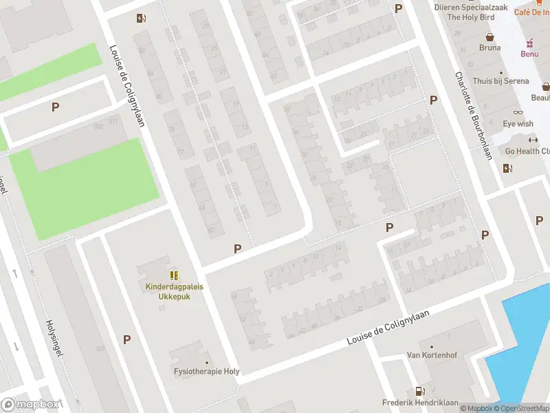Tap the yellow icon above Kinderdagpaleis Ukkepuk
click(x=174, y=275)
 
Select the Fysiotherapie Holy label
click(x=207, y=371)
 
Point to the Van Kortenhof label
click(x=432, y=355)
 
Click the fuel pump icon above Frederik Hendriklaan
click(x=419, y=390)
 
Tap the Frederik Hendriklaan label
click(x=420, y=402)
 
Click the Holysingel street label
click(x=54, y=337)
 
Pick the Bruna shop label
click(x=490, y=47)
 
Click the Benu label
click(x=529, y=53)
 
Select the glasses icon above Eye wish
click(x=518, y=113)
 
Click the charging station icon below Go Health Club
click(x=508, y=168)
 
